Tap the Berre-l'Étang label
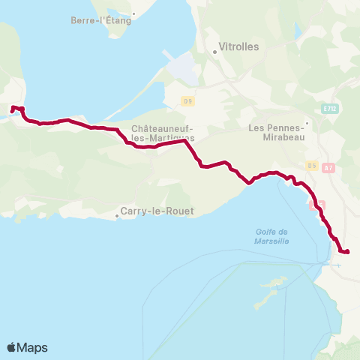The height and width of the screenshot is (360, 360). click(x=102, y=20)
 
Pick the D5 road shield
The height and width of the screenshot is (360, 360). click(x=312, y=165)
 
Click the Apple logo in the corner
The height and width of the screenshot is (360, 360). click(x=11, y=347)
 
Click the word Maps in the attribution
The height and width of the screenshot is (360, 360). click(x=32, y=347)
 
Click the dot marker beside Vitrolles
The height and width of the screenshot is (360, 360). click(x=214, y=52)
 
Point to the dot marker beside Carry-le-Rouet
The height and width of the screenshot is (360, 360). click(x=117, y=217)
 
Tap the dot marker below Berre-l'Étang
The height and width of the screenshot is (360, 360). click(x=133, y=13)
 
